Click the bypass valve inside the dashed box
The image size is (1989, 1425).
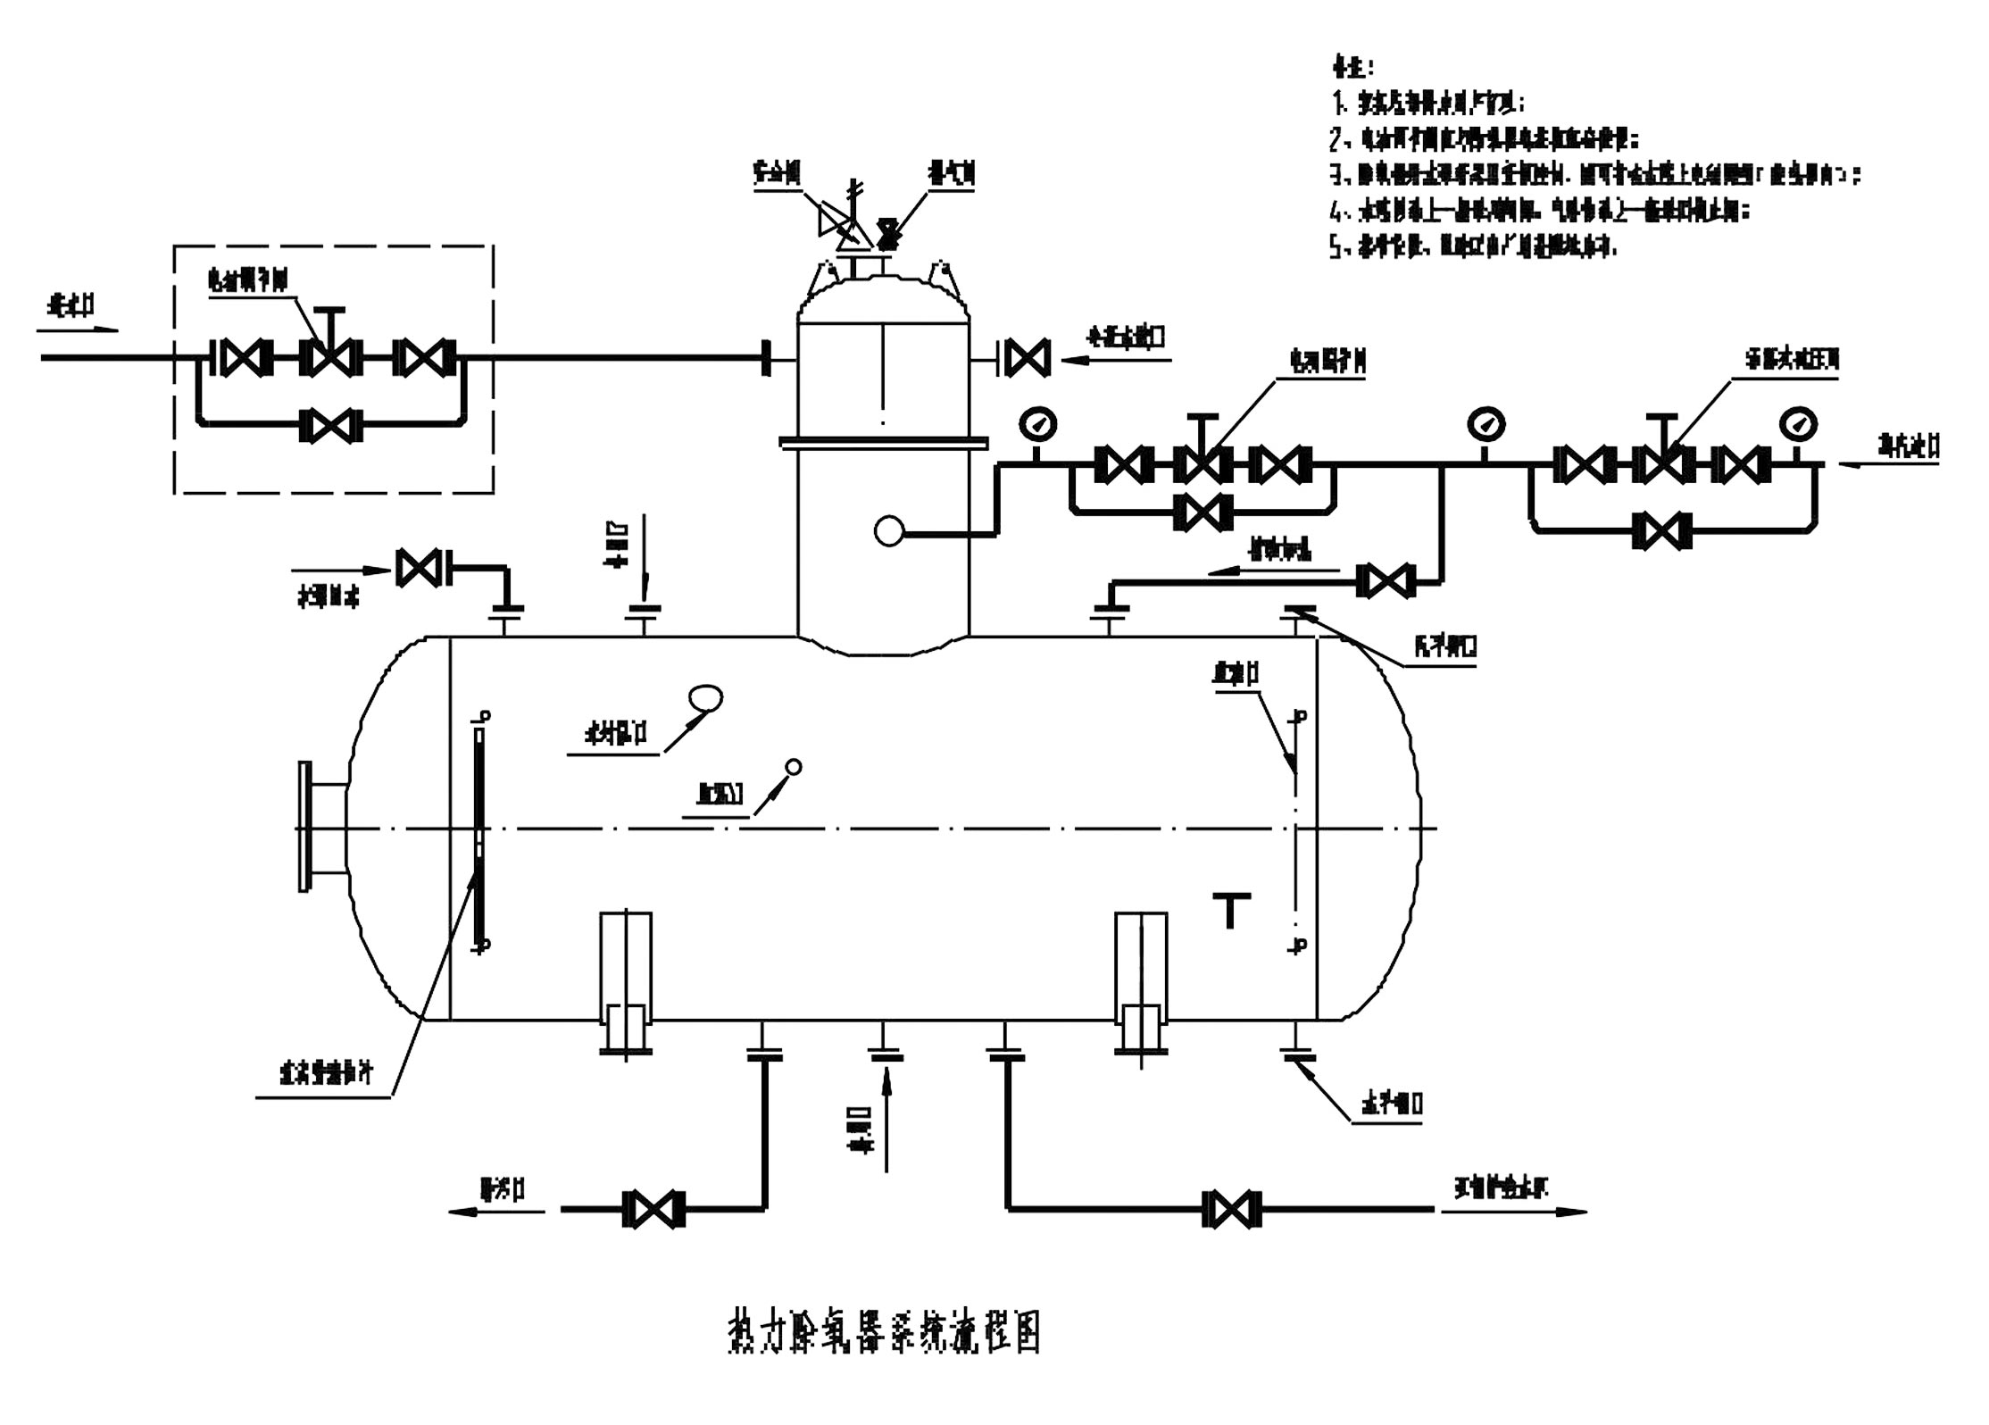[x=331, y=426]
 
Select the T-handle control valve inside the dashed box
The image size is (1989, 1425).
[x=331, y=357]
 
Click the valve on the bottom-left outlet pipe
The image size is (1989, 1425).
[x=654, y=1209]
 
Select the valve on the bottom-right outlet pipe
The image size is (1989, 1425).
[x=1232, y=1209]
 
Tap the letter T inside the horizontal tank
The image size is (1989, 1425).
[x=1229, y=911]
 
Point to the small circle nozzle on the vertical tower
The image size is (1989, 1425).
[x=888, y=532]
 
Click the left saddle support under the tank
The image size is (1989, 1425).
[x=626, y=982]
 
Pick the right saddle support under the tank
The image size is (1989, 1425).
[x=1141, y=982]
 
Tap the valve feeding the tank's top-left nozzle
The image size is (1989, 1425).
[x=419, y=569]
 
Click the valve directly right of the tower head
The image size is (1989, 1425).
[x=1028, y=358]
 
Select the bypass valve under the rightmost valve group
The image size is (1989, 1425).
[x=1661, y=529]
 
